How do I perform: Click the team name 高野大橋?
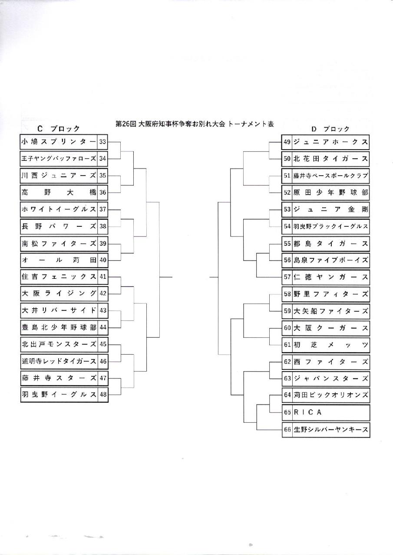click(59, 193)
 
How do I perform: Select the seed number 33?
click(102, 142)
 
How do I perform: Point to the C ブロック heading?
click(59, 129)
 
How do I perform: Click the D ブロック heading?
click(330, 129)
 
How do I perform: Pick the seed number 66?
click(287, 429)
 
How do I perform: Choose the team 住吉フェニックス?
click(59, 277)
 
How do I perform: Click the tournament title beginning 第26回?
click(195, 124)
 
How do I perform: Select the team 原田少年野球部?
click(331, 193)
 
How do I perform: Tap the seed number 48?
click(103, 394)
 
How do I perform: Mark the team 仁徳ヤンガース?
click(331, 277)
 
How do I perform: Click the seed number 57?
click(287, 277)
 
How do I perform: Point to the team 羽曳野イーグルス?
click(59, 394)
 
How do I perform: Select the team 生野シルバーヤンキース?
click(331, 429)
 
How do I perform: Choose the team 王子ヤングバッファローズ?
click(59, 159)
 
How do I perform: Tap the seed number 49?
click(287, 142)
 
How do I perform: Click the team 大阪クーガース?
click(331, 328)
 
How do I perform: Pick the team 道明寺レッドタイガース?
click(59, 361)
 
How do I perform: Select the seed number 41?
click(103, 277)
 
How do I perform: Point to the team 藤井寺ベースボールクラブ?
click(331, 176)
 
